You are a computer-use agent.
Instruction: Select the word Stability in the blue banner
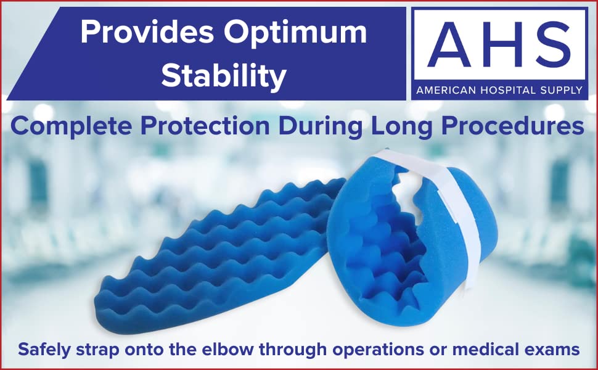224,76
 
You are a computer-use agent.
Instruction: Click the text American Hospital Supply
499,90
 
